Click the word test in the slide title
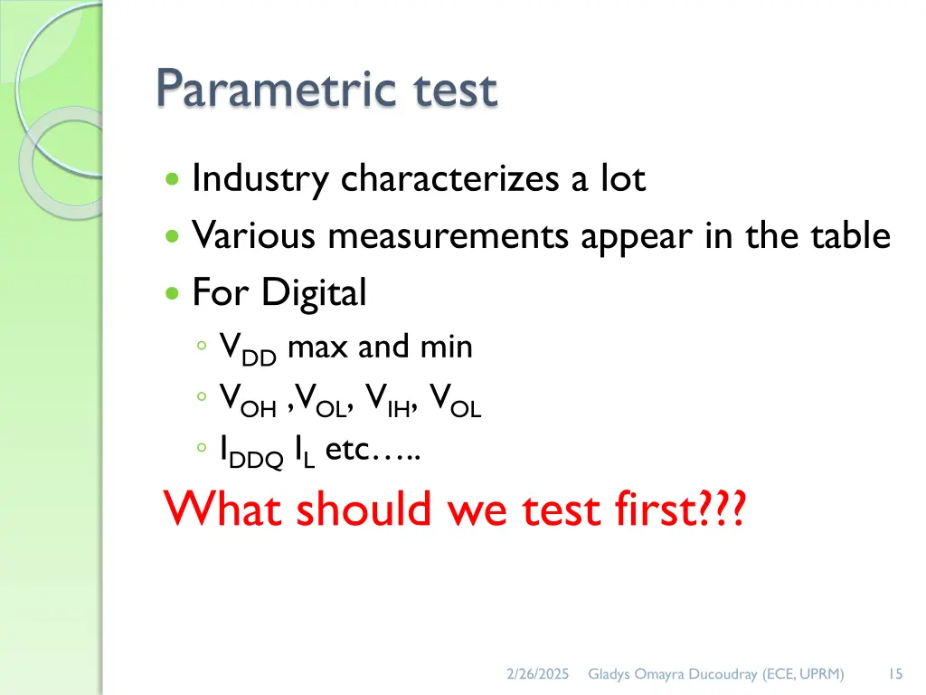451,90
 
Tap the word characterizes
451,179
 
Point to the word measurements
449,236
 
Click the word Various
254,236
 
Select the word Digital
314,293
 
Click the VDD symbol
248,350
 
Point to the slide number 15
895,673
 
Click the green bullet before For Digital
172,294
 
